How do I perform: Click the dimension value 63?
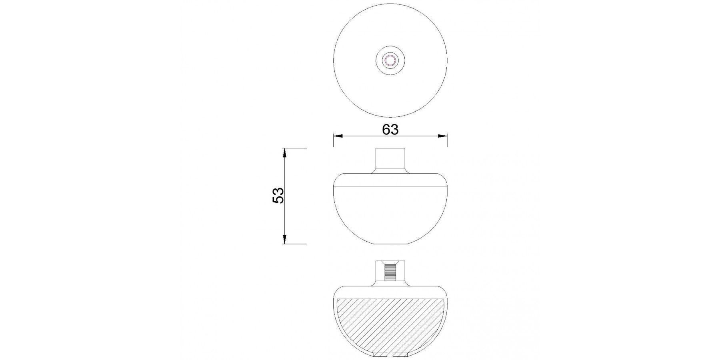[x=390, y=129]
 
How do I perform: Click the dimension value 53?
[x=278, y=196]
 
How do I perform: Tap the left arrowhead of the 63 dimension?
[x=338, y=136]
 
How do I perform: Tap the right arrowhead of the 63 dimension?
[x=442, y=136]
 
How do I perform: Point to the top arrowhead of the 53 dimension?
[x=284, y=153]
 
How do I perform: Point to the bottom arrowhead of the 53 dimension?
[x=284, y=239]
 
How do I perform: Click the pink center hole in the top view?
[x=390, y=61]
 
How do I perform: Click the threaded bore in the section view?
[x=390, y=272]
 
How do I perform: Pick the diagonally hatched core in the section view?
[x=390, y=324]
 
